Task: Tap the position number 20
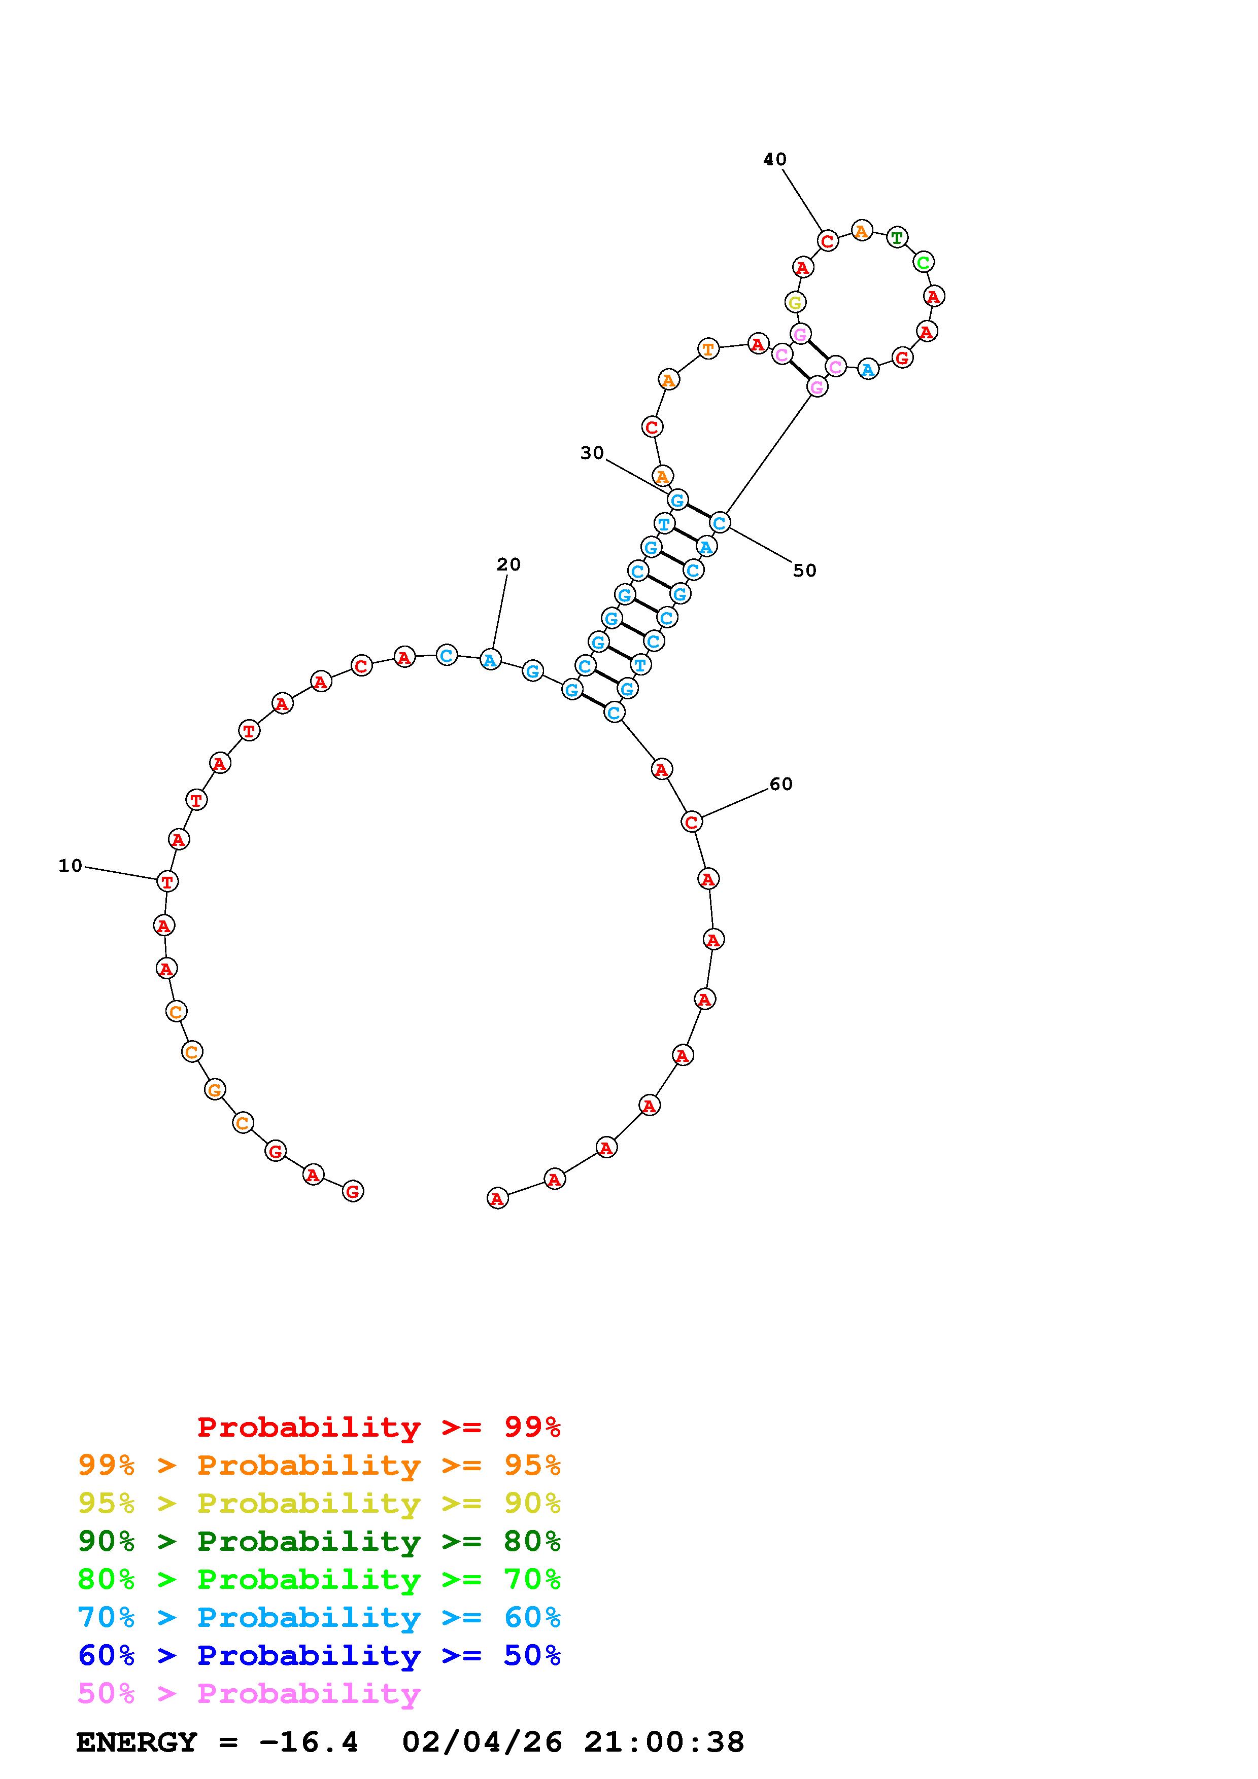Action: click(508, 565)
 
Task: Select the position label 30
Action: click(592, 453)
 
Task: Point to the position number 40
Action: click(775, 160)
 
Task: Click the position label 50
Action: click(804, 571)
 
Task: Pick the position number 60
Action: click(781, 784)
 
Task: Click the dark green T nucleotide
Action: click(897, 237)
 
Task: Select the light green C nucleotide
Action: click(923, 262)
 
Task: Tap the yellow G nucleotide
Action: click(795, 302)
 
